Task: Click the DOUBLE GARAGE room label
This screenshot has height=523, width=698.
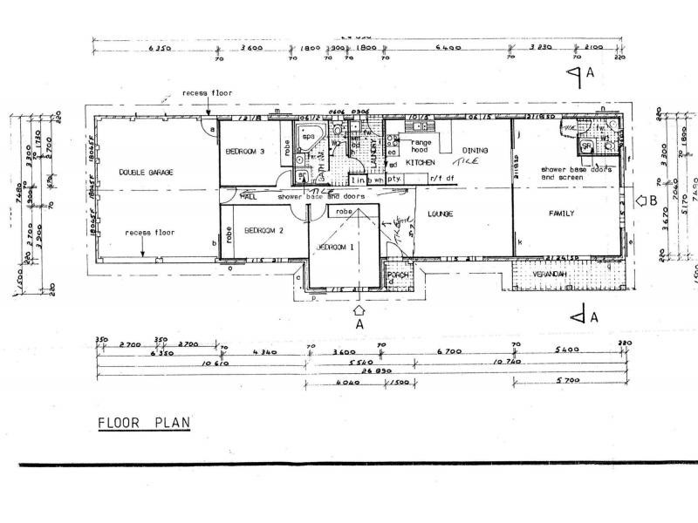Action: click(x=146, y=173)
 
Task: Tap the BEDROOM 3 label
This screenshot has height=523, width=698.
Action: click(x=245, y=152)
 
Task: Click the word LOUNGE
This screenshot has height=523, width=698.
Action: click(x=440, y=213)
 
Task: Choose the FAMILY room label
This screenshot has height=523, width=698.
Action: click(x=560, y=213)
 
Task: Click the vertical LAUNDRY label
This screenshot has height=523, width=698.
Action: click(x=373, y=153)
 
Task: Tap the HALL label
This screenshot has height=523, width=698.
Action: click(x=247, y=197)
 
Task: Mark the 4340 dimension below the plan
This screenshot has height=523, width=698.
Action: click(x=263, y=351)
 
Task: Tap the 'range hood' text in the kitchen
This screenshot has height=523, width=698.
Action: click(x=421, y=146)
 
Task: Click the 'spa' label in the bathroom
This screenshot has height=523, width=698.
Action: click(x=308, y=136)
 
